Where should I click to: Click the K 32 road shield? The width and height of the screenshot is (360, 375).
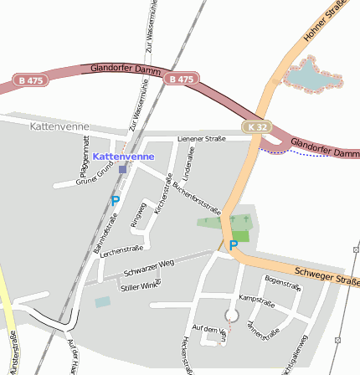259,126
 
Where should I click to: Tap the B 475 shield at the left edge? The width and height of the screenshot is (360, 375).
31,80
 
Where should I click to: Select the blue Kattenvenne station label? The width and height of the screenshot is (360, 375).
123,157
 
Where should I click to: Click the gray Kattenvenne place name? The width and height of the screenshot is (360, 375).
59,126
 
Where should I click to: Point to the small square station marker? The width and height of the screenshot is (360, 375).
123,169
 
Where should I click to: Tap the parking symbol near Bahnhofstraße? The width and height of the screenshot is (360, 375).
116,201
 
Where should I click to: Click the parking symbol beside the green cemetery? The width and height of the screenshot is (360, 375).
234,245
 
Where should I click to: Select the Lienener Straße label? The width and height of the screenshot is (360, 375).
202,138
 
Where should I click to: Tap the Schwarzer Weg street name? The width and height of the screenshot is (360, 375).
147,268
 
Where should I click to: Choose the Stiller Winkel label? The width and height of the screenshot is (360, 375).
140,286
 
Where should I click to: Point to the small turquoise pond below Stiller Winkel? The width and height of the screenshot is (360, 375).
102,301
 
